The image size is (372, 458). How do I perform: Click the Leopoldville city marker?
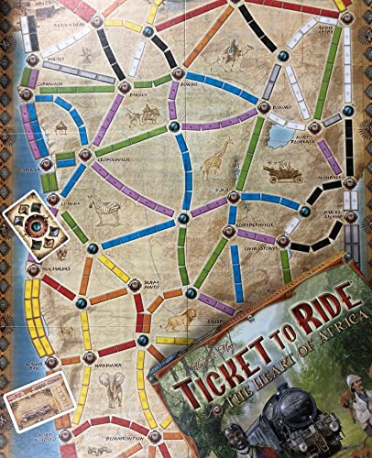86,155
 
